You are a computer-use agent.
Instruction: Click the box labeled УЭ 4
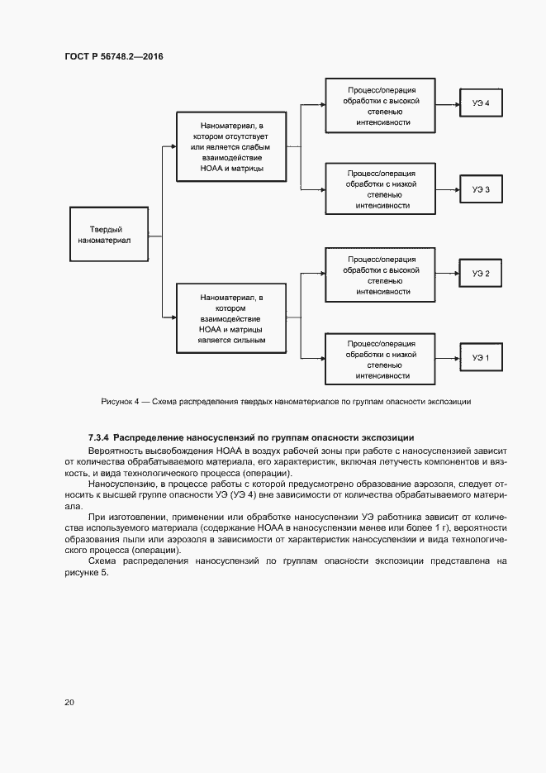(481, 104)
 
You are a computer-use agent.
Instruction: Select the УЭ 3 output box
(481, 190)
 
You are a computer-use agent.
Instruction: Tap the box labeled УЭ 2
(481, 273)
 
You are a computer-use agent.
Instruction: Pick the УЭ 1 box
(481, 358)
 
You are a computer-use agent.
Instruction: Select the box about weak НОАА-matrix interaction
(231, 146)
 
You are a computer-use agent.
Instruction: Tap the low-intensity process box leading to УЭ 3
(382, 189)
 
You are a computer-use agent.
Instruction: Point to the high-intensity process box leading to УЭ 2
(382, 273)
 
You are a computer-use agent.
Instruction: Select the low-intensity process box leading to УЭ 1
(382, 358)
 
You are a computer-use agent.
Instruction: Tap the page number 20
(69, 702)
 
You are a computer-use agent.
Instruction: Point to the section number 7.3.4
(101, 437)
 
